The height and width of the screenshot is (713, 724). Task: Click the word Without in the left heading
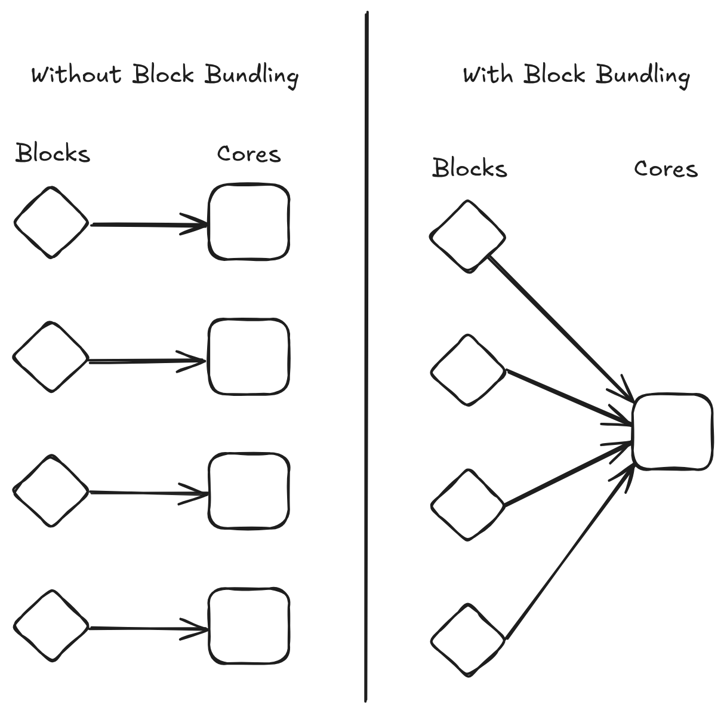(76, 75)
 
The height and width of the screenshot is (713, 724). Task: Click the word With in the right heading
(488, 75)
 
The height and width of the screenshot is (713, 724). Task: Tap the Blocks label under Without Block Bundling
(53, 153)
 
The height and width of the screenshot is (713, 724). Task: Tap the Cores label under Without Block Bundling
(248, 154)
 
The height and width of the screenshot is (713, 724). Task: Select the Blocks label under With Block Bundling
(469, 168)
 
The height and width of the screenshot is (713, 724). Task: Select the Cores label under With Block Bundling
(666, 169)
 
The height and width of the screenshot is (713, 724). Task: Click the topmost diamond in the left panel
(51, 223)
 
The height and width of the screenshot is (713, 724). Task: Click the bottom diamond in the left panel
(51, 626)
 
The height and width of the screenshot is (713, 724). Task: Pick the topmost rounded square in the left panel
(249, 222)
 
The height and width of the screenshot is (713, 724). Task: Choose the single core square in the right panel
(673, 431)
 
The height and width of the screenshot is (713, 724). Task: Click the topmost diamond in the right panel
(468, 236)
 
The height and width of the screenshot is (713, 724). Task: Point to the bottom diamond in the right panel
(468, 640)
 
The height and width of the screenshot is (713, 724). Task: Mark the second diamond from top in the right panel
(468, 371)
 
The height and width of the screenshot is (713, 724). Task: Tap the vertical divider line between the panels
(366, 358)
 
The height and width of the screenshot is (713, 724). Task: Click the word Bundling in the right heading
(643, 76)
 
